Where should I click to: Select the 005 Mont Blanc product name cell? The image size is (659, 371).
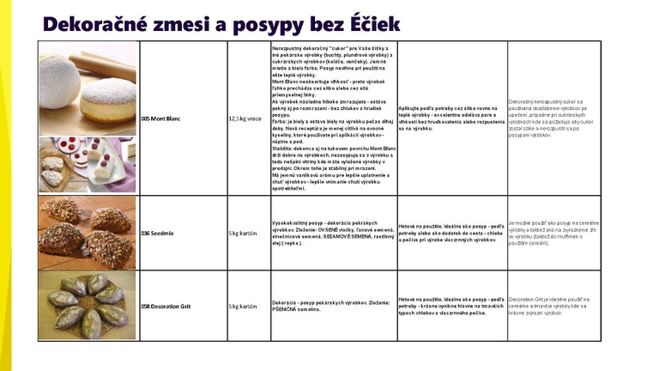pos(161,119)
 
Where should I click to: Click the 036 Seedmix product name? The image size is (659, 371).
pos(157,233)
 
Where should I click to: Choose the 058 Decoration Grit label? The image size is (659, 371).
pos(166,306)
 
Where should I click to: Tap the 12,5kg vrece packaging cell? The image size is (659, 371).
pos(245,119)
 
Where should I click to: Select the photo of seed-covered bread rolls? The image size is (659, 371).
pos(86,233)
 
